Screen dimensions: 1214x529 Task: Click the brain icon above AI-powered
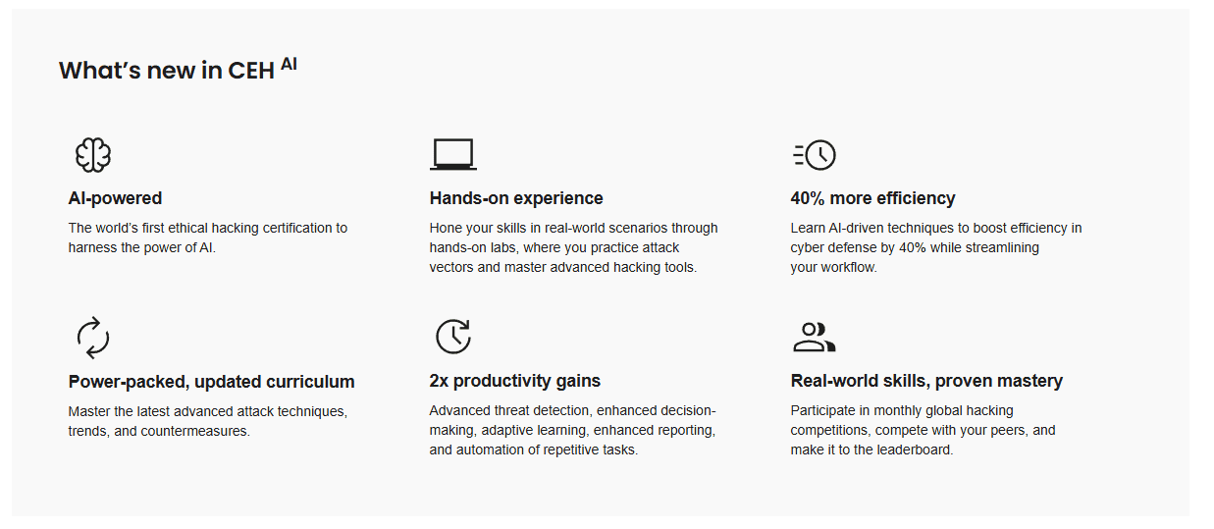pos(93,155)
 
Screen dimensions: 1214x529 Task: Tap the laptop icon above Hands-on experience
pos(453,154)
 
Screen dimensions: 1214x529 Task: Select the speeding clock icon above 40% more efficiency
pos(814,155)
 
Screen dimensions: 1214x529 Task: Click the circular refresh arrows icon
pos(93,338)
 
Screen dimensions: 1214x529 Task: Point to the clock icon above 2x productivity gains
pos(453,337)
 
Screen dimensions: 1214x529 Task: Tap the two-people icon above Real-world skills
pos(814,338)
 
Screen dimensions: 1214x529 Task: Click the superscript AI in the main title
pos(289,64)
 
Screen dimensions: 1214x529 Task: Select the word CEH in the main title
pos(251,71)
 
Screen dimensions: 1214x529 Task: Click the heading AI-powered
pos(115,198)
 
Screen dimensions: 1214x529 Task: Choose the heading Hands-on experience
pos(516,198)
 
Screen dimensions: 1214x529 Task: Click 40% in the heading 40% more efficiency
pos(808,198)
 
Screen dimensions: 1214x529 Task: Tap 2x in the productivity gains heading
pos(439,381)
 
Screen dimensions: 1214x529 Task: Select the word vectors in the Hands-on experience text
pos(451,268)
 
